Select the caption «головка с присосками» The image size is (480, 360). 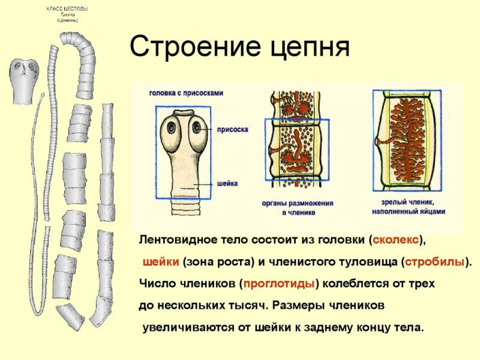tap(187, 93)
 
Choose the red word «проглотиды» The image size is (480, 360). tap(278, 283)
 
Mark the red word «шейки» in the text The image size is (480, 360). tap(160, 262)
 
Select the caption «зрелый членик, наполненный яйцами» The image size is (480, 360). tap(409, 208)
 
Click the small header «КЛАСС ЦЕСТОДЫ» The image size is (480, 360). tap(67, 8)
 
